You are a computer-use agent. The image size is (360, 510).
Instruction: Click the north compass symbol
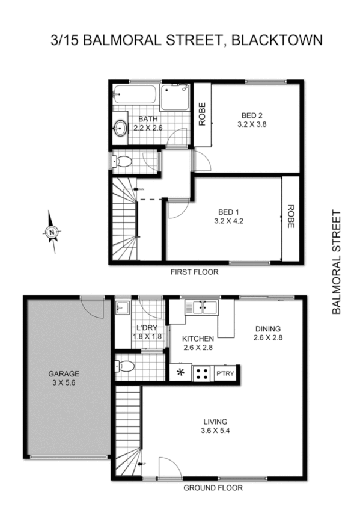(x=52, y=232)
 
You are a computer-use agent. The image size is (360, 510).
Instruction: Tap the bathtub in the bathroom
(x=135, y=95)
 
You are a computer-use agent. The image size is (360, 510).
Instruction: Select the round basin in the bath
(x=120, y=127)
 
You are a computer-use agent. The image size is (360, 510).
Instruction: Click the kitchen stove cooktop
(x=201, y=373)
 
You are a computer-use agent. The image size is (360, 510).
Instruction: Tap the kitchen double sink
(x=202, y=307)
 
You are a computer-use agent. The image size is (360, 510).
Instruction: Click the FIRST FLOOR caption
(x=194, y=272)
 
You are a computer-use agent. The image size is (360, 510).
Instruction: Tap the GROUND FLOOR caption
(x=213, y=488)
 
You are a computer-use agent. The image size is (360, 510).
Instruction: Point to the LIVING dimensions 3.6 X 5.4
(x=215, y=431)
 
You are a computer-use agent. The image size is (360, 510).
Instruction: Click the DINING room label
(x=268, y=328)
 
